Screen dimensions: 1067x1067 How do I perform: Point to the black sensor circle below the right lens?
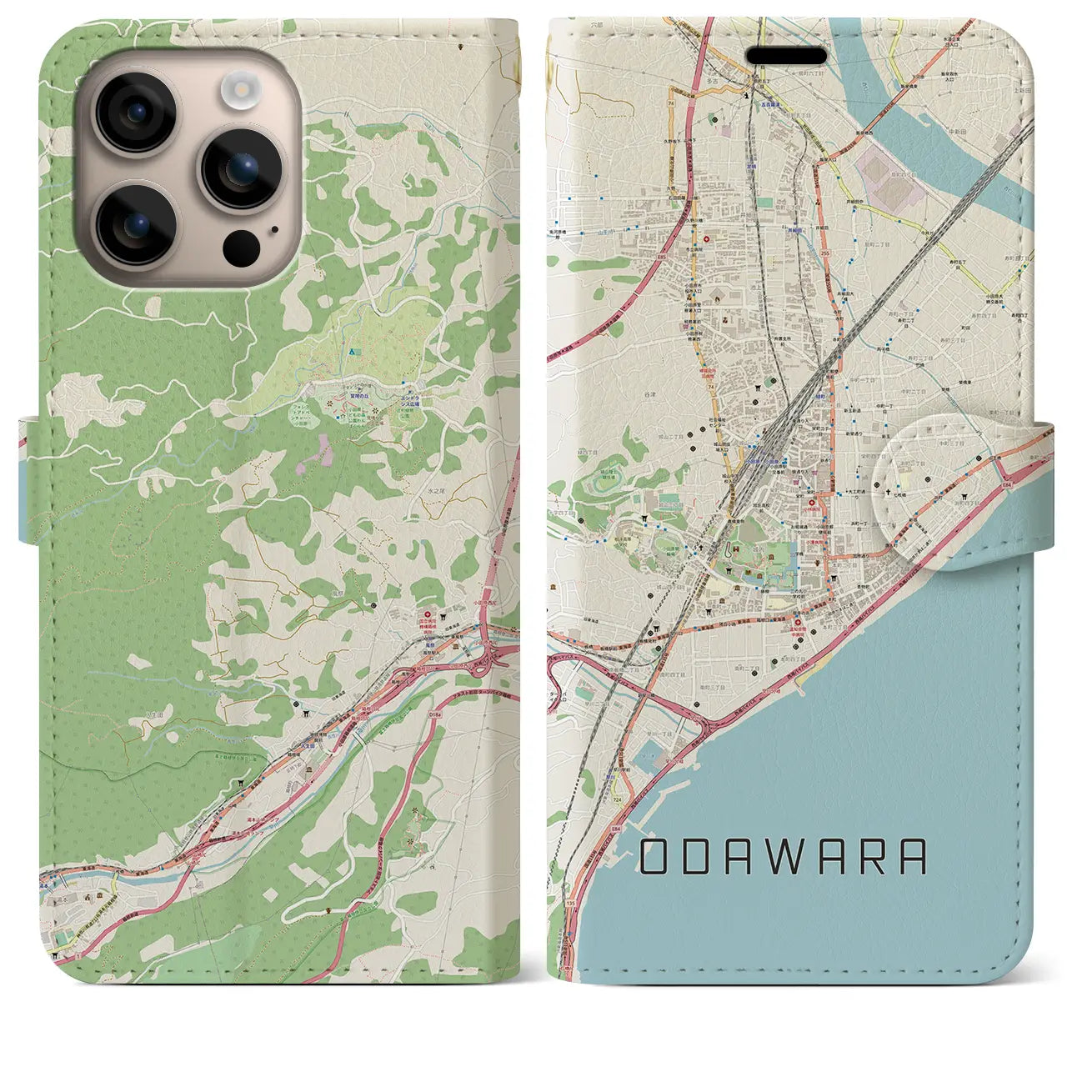[240, 246]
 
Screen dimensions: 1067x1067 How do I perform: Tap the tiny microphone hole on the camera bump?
[274, 229]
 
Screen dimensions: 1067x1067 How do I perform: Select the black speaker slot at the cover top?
[786, 56]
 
